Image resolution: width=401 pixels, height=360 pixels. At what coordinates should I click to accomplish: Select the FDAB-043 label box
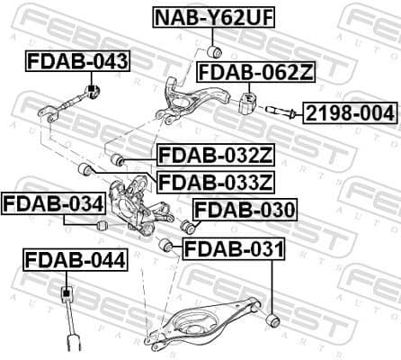pos(76,62)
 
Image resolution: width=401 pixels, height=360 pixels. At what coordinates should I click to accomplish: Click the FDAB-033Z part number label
pos(215,183)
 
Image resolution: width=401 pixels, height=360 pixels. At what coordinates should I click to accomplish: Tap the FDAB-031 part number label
pos(233,247)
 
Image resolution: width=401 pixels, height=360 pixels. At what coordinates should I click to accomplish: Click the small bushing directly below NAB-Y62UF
pos(215,49)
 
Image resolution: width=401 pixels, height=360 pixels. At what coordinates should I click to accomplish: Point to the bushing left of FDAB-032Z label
pos(116,160)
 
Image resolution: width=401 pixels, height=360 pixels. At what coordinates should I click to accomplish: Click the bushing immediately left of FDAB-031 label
pos(165,246)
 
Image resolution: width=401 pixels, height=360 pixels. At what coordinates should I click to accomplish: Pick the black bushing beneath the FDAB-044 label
pos(65,294)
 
